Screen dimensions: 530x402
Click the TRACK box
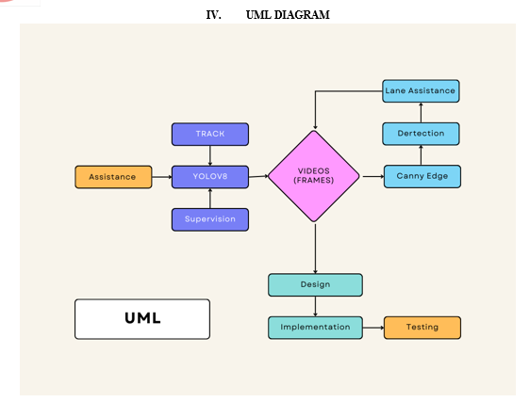210,134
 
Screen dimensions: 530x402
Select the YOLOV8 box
210,177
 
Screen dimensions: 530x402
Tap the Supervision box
210,219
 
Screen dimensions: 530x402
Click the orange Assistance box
113,177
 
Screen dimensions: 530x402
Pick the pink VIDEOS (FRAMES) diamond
314,176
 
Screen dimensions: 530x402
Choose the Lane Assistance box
421,90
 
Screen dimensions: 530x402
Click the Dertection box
421,134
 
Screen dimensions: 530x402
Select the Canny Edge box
422,176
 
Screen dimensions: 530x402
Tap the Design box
315,285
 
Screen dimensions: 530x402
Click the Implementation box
315,328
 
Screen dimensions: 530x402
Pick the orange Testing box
422,328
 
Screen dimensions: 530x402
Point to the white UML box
142,319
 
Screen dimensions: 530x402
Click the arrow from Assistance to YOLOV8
162,177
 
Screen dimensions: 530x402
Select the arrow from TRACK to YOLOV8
210,155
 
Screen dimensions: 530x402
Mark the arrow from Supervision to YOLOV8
210,198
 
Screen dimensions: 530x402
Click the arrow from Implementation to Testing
373,328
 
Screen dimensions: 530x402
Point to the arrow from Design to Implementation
315,306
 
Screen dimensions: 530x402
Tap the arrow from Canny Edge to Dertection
421,155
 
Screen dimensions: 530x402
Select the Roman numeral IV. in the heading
214,15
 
